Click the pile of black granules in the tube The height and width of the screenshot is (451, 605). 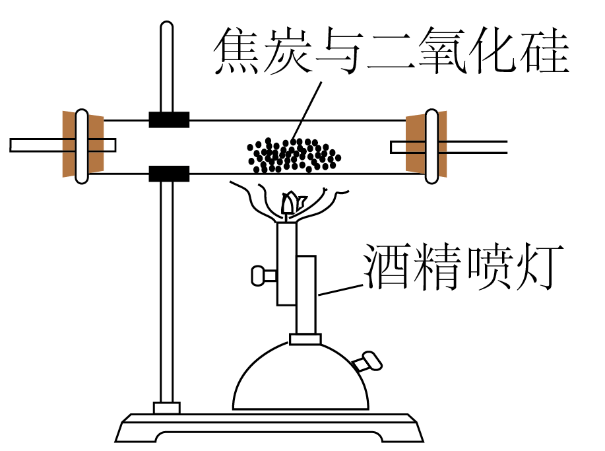(x=293, y=156)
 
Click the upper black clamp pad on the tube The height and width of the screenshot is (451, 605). (x=169, y=120)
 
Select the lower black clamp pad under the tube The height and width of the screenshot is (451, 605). (x=169, y=174)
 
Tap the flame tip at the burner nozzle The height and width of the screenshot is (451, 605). (x=290, y=201)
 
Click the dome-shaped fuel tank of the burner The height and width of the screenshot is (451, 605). (x=300, y=380)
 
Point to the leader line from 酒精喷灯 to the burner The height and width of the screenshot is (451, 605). (x=340, y=289)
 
